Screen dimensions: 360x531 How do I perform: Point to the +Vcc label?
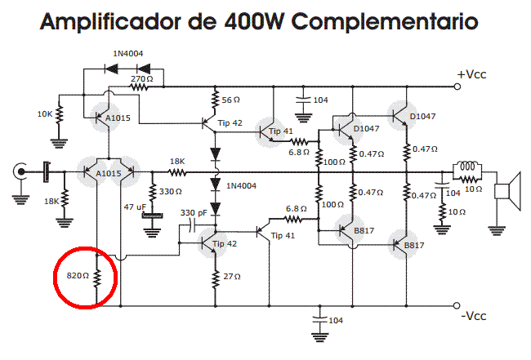point(472,74)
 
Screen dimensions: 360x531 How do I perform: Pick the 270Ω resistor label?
point(142,78)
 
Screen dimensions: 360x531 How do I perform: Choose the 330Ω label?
point(170,192)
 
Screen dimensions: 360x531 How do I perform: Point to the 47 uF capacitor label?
point(132,207)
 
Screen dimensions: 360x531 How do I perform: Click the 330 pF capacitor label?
point(193,213)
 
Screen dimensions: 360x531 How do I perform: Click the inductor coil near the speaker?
point(467,166)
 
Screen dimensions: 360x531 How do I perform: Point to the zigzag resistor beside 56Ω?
point(215,100)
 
